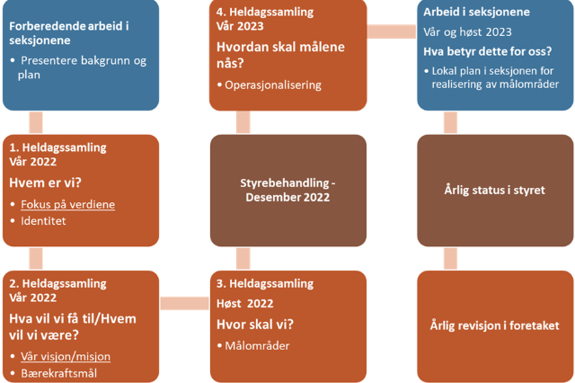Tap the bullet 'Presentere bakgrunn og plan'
coord(79,67)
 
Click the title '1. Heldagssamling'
coord(57,147)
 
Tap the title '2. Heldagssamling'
coord(57,282)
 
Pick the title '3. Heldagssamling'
coord(265,284)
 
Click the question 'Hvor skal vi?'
coord(254,324)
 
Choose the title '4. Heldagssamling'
coord(265,12)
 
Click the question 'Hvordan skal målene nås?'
coord(274,55)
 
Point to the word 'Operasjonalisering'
coord(273,85)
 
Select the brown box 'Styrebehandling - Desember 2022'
coord(288,190)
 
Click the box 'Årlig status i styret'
coord(495,190)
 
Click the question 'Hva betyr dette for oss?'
coord(487,50)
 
